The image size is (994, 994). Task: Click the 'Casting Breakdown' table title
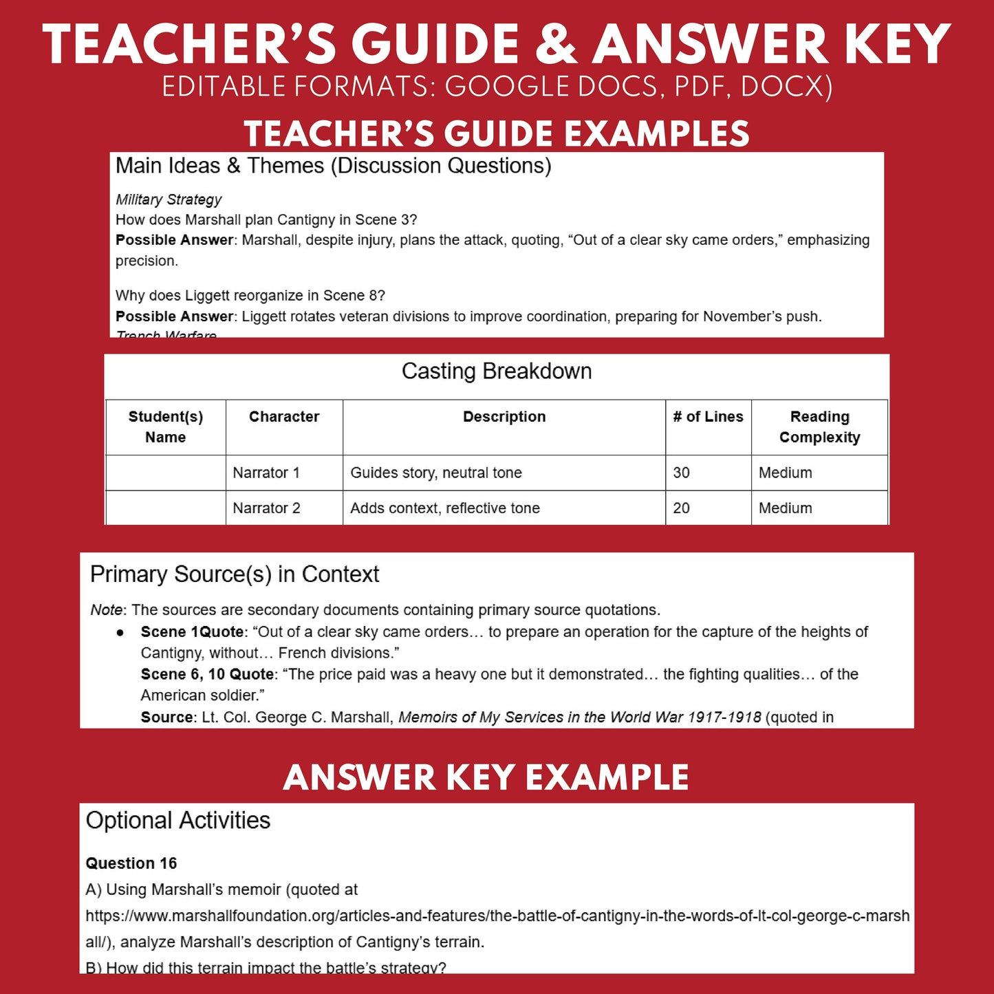pyautogui.click(x=497, y=371)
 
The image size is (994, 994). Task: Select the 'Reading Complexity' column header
pyautogui.click(x=819, y=427)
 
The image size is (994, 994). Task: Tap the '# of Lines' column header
pyautogui.click(x=708, y=417)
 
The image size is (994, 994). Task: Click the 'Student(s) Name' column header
pyautogui.click(x=166, y=427)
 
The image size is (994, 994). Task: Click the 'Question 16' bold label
pyautogui.click(x=131, y=863)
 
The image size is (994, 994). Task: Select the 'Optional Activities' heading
pyautogui.click(x=178, y=821)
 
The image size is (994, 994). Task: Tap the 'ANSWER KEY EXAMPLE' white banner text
pyautogui.click(x=486, y=778)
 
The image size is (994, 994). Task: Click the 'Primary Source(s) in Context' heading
pyautogui.click(x=235, y=574)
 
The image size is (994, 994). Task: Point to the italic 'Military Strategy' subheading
pyautogui.click(x=169, y=199)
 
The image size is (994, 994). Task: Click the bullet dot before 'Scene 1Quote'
pyautogui.click(x=120, y=632)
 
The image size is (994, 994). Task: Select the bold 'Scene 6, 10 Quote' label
pyautogui.click(x=207, y=674)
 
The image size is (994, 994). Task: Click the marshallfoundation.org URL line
pyautogui.click(x=497, y=916)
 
